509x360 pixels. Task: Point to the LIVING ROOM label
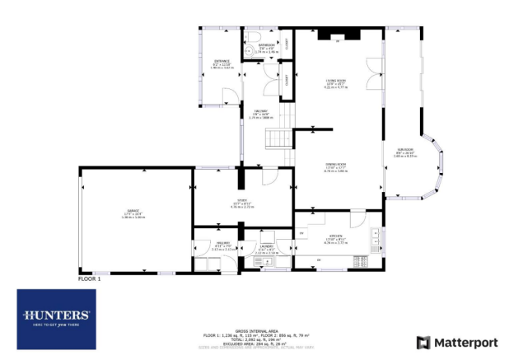pos(335,80)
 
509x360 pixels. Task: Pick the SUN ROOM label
pos(404,152)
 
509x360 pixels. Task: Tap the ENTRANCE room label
pos(222,61)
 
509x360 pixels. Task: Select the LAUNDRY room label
pos(265,245)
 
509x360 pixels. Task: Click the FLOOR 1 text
pos(88,279)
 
